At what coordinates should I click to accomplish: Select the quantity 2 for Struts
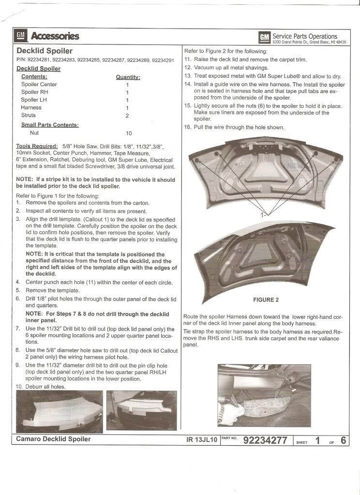pos(127,116)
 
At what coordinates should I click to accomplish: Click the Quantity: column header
pos(128,77)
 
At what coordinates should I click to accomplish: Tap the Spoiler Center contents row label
pos(39,85)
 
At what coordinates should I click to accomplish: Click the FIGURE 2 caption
pos(265,300)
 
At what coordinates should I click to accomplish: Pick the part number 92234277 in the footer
pos(265,440)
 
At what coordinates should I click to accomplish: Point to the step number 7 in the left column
pos(18,329)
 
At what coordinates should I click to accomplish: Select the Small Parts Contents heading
pos(50,124)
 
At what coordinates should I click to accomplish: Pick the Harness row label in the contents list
pos(31,108)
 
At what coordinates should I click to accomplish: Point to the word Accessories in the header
pos(55,36)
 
